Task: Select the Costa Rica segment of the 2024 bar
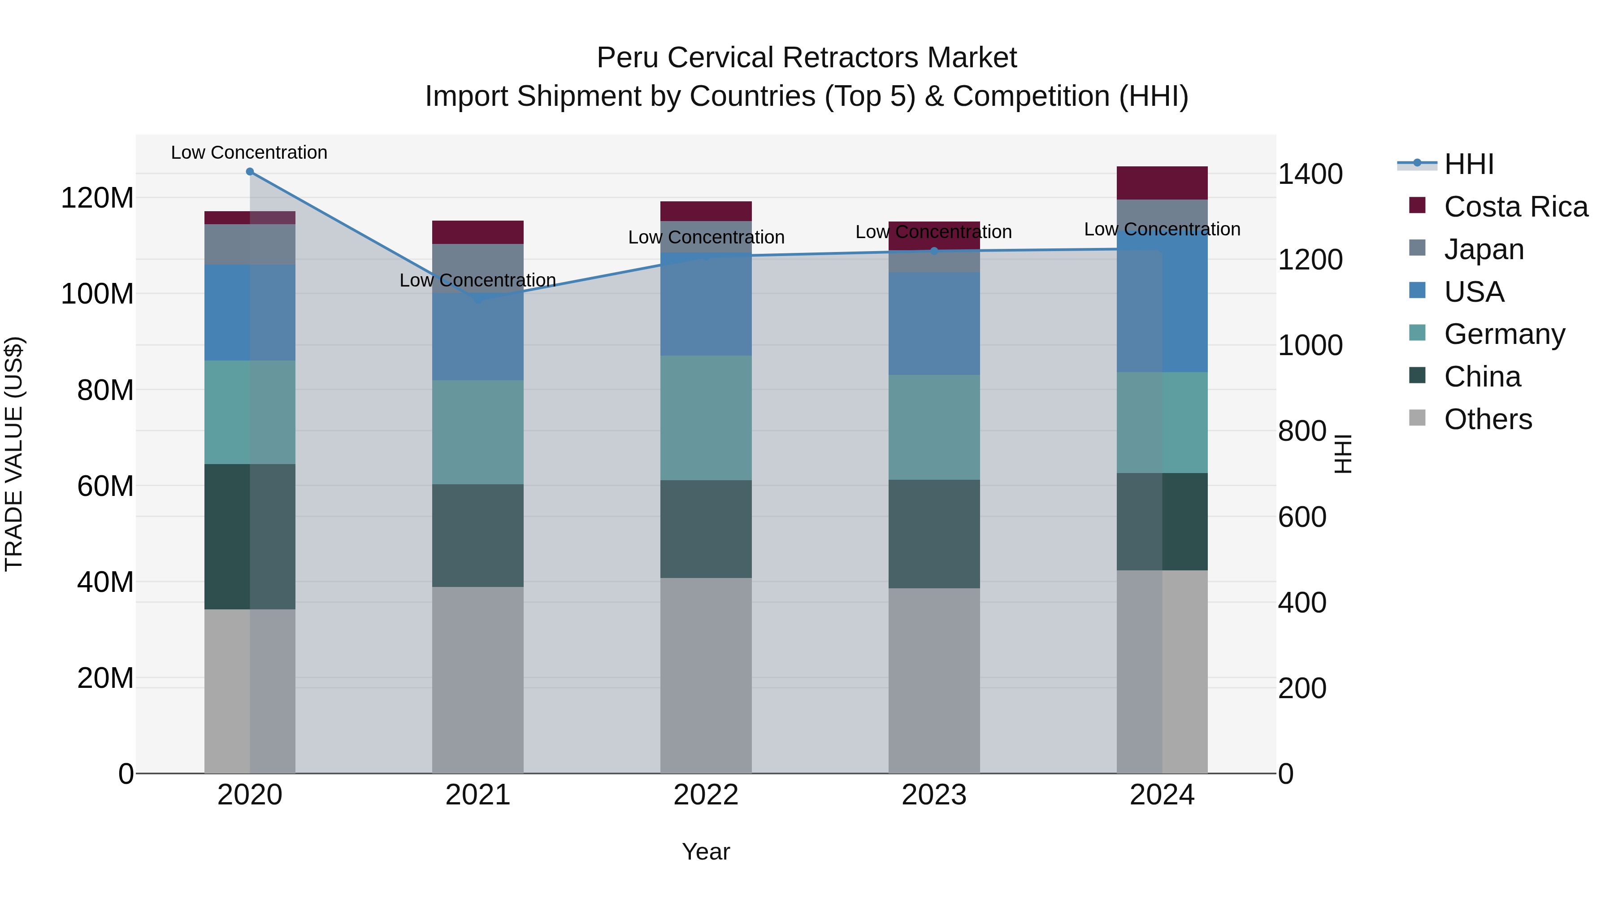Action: pyautogui.click(x=1162, y=183)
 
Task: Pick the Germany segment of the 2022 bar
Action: pyautogui.click(x=706, y=418)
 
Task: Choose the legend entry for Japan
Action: pyautogui.click(x=1483, y=249)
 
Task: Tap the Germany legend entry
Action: pyautogui.click(x=1503, y=334)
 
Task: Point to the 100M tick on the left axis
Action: pyautogui.click(x=97, y=294)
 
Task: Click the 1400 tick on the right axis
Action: pyautogui.click(x=1310, y=174)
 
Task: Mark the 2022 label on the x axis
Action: pyautogui.click(x=706, y=795)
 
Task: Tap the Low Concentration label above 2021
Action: pyautogui.click(x=477, y=280)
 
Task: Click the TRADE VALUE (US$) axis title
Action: pyautogui.click(x=14, y=454)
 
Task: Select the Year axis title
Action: pyautogui.click(x=706, y=852)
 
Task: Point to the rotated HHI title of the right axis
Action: pyautogui.click(x=1343, y=454)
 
